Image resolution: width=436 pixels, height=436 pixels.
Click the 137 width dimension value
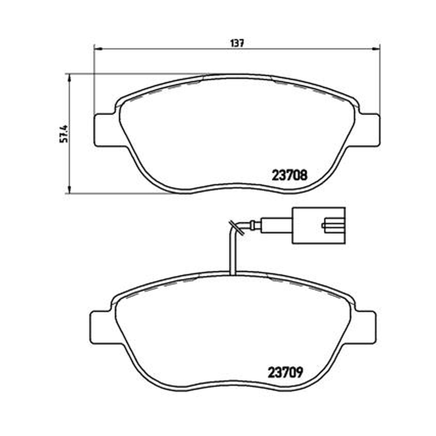pos(237,44)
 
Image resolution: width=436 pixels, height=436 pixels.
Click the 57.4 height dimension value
pos(64,134)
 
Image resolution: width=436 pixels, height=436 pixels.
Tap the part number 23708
pos(289,175)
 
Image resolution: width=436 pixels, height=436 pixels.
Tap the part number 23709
pos(285,373)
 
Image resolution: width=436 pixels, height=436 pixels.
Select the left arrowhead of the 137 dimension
pos(98,49)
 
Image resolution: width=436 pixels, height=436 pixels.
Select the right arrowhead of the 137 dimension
pos(376,49)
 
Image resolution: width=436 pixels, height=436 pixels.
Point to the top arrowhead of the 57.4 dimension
pos(69,77)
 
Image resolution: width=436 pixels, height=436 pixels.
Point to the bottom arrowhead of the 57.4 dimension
pos(69,189)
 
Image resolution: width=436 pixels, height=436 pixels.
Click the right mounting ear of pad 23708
pos(368,130)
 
